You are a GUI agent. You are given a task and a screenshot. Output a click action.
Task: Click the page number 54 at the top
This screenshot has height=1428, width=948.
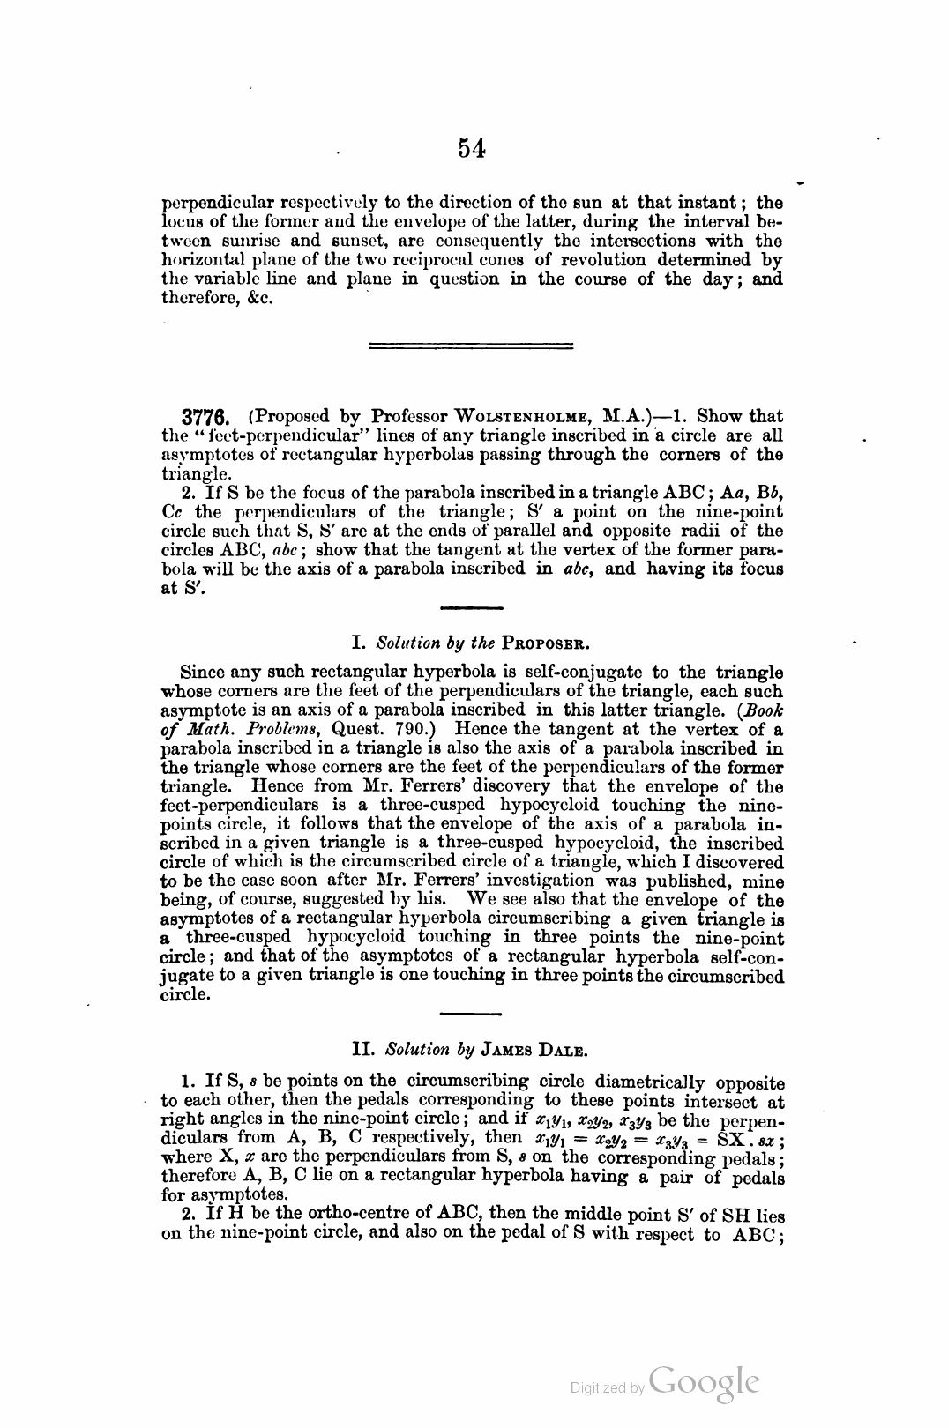[472, 148]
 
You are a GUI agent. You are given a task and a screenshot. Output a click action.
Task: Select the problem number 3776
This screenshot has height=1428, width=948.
[205, 416]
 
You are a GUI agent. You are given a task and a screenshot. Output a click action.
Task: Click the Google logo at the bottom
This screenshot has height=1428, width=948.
[703, 1382]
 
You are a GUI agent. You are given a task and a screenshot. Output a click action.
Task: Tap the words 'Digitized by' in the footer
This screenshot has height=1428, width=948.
[607, 1387]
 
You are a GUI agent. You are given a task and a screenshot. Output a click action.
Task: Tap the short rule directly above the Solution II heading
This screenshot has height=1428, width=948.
[470, 1014]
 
